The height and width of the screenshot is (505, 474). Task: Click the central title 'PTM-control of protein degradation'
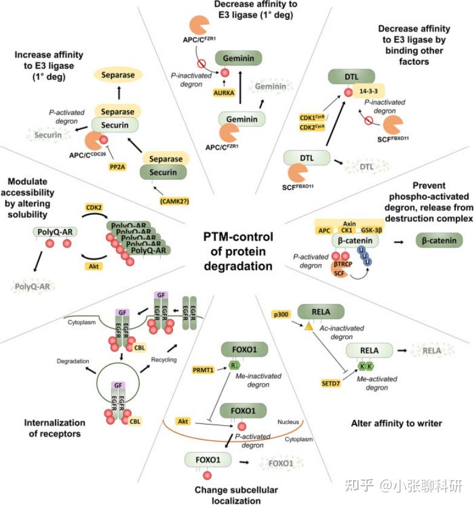tap(237, 251)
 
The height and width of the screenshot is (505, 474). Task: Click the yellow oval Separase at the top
tap(117, 76)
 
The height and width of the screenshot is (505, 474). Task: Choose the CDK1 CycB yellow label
tap(313, 116)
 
